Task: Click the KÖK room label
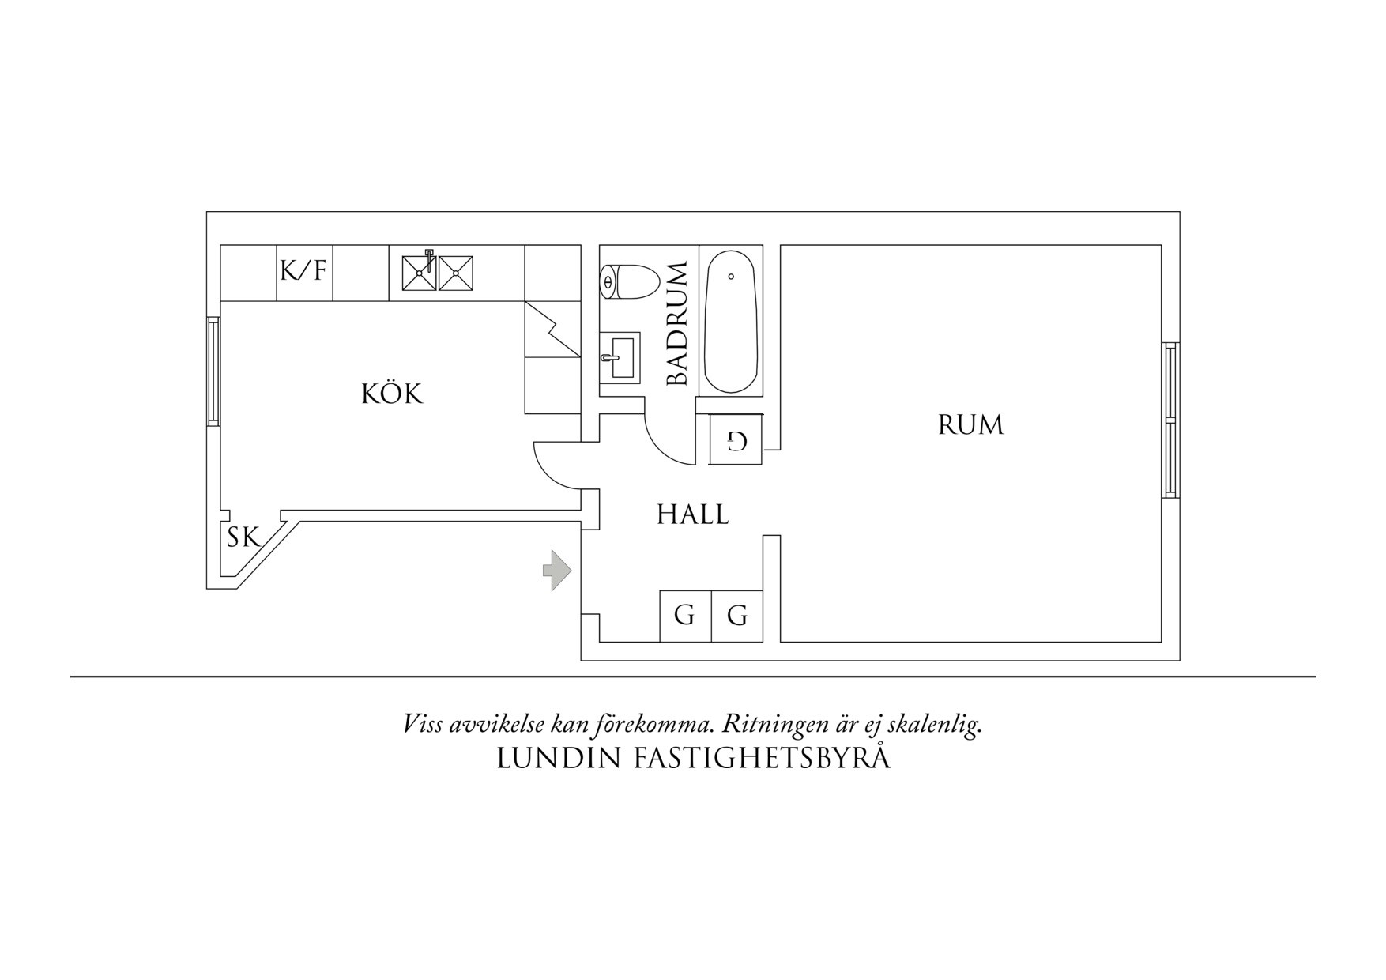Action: point(392,394)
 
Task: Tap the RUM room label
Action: point(970,425)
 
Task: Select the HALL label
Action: point(692,515)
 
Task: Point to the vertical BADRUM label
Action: point(678,324)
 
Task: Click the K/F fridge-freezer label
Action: point(303,272)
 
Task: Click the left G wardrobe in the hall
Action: point(684,615)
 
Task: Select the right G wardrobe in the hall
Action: point(737,615)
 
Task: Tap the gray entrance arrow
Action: point(556,570)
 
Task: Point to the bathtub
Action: point(731,322)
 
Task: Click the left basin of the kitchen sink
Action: point(419,273)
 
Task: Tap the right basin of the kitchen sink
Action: point(456,273)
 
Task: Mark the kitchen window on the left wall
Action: point(213,371)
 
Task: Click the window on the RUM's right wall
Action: point(1170,420)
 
